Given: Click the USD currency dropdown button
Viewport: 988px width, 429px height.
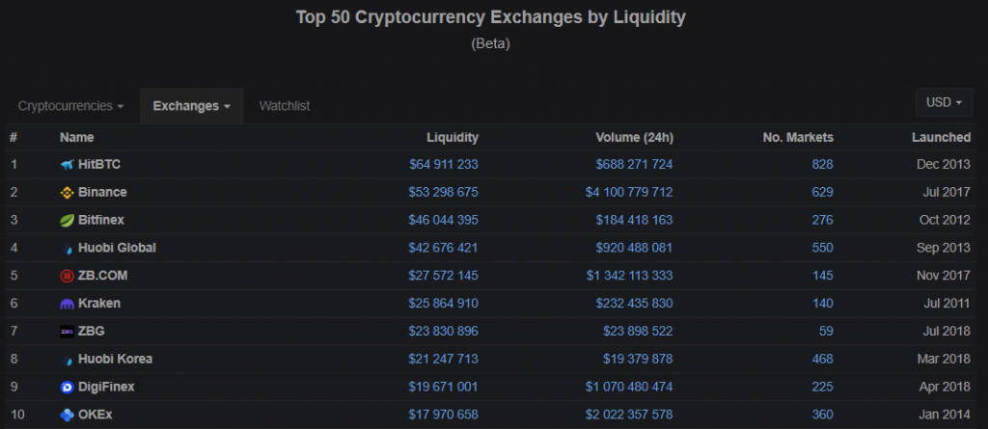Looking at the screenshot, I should tap(944, 102).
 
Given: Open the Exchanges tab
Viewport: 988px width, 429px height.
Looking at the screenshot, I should tap(191, 105).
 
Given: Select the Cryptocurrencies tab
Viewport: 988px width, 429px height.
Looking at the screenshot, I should tap(71, 105).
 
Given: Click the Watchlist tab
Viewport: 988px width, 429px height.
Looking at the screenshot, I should tap(284, 105).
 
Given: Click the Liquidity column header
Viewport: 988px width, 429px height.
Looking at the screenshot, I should tap(453, 138).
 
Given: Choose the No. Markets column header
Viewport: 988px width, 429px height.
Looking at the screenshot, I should tap(797, 138).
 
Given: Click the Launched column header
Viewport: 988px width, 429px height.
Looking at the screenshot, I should tap(941, 138).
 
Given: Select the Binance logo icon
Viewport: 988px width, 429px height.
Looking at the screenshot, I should tap(67, 193).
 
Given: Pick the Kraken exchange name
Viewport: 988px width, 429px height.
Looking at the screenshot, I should tap(99, 304).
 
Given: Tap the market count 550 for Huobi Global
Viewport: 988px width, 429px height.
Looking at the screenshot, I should tap(822, 248).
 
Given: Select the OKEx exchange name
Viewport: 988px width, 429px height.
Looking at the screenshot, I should tap(96, 416).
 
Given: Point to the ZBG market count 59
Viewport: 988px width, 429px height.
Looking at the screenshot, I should tap(826, 332).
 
